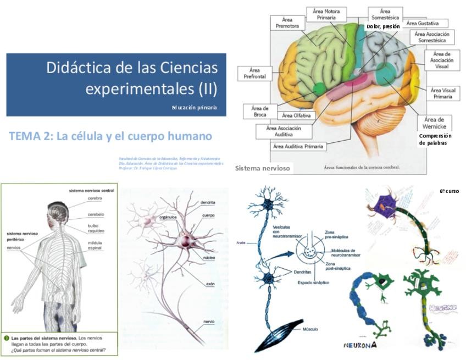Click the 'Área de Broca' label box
tap(260, 111)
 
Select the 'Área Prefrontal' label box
tap(254, 73)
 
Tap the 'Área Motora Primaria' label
tap(326, 14)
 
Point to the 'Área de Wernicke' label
tap(434, 123)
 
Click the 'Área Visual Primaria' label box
tap(442, 93)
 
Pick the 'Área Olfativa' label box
tap(296, 115)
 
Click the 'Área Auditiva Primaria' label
tap(298, 147)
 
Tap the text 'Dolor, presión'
tap(382, 26)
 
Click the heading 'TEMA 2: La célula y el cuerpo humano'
tap(110, 136)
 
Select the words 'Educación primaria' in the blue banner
tap(193, 108)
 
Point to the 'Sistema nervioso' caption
tap(263, 168)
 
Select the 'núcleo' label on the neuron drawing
tap(208, 257)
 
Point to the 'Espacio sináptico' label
tap(306, 282)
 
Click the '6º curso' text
tap(448, 191)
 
